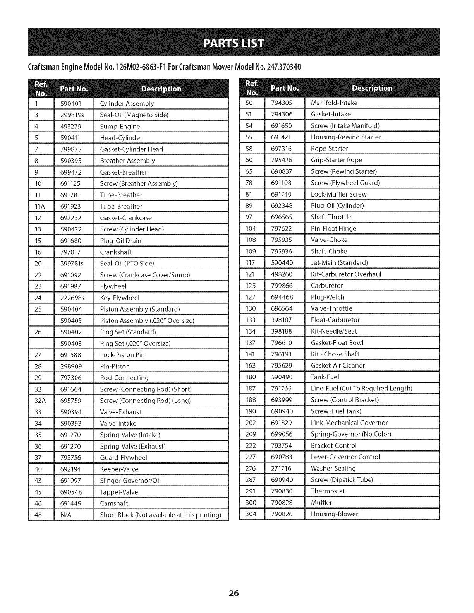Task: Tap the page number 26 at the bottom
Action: pos(234,593)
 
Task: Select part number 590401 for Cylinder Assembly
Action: pos(71,104)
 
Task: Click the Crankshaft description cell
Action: pos(116,252)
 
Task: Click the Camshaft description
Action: pos(114,503)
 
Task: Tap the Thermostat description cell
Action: pos(328,491)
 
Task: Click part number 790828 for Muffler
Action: pos(282,503)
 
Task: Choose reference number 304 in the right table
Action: pos(251,514)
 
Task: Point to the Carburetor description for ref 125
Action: pos(327,286)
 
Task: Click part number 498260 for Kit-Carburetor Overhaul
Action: pos(282,274)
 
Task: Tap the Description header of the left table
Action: pos(161,89)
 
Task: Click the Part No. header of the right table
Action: pos(285,88)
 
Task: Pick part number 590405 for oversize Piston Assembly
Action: pos(71,321)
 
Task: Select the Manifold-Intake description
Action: pos(334,103)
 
